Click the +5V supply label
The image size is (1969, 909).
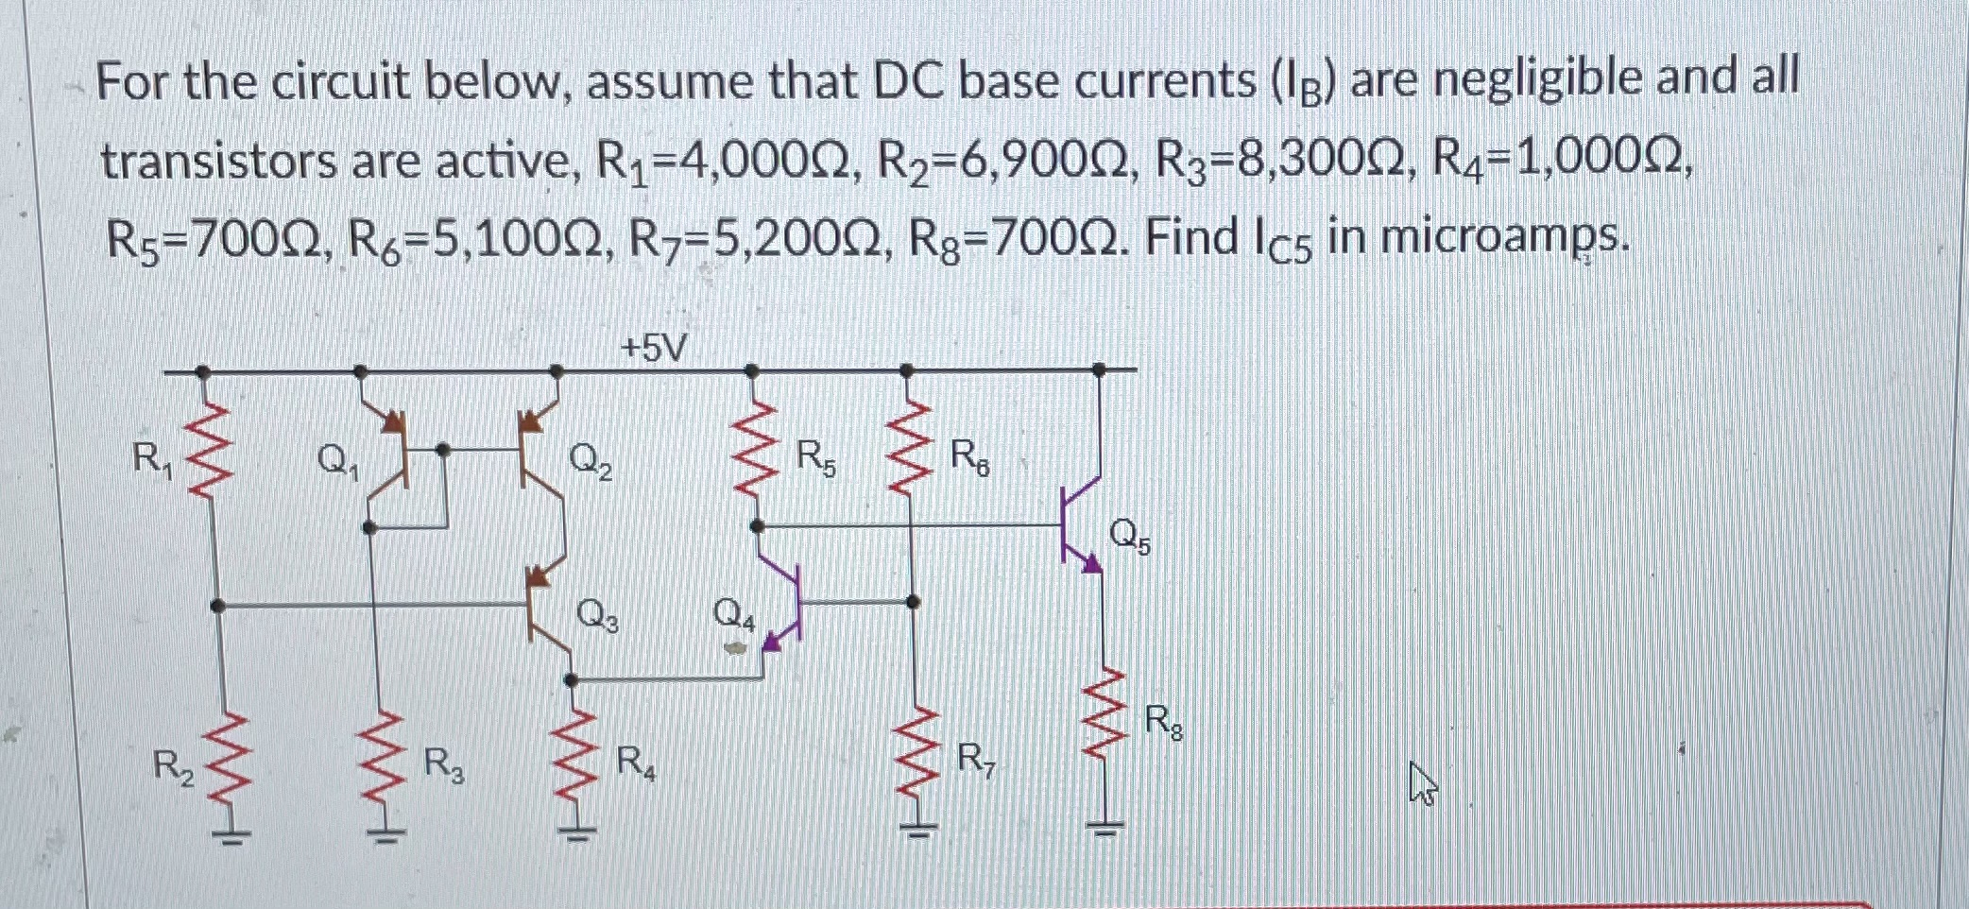[x=654, y=350]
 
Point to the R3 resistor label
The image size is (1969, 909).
[x=443, y=763]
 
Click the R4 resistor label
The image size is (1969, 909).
[x=636, y=763]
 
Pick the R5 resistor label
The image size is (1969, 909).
[x=815, y=459]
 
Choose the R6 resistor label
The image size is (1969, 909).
[x=969, y=459]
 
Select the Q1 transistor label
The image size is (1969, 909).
[x=337, y=462]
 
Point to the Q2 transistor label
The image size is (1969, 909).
[x=591, y=462]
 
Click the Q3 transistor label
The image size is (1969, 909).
[x=597, y=616]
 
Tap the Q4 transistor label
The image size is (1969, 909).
[x=734, y=616]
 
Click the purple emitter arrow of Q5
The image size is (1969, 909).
[x=1090, y=564]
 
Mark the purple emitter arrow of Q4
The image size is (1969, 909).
[x=773, y=642]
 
